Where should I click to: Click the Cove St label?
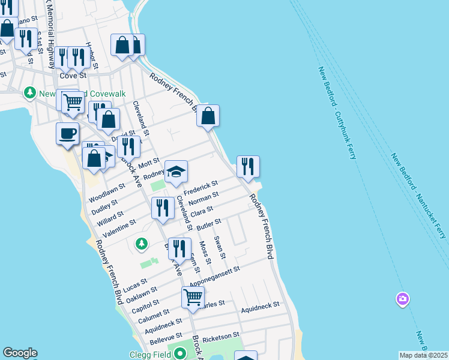tap(73, 76)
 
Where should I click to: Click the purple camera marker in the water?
tap(402, 298)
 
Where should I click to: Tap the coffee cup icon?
tap(67, 133)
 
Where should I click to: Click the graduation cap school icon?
tap(176, 171)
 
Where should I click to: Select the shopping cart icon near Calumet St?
tap(193, 296)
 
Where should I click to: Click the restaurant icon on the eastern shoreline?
tap(248, 166)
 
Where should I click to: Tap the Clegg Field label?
tap(150, 354)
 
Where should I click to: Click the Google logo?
tap(20, 353)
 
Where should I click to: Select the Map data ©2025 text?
tap(423, 355)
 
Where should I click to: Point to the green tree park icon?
tap(142, 243)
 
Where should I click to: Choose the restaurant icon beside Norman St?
tap(163, 208)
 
